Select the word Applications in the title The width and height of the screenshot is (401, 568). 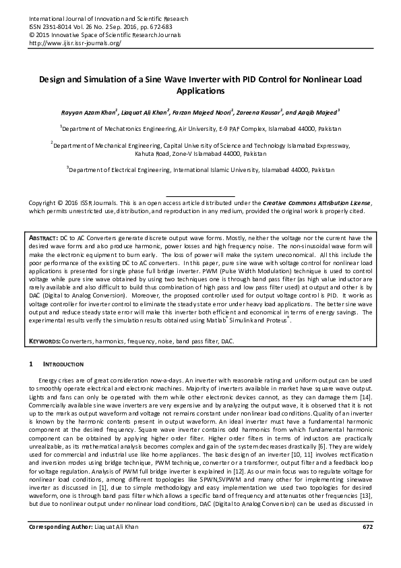click(x=200, y=90)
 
